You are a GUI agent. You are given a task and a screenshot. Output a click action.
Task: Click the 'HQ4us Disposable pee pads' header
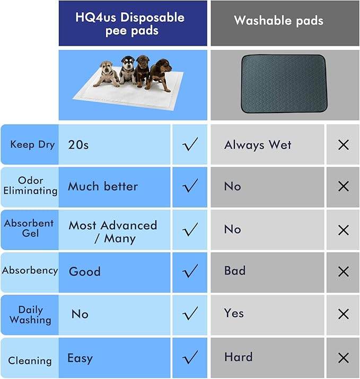coord(129,23)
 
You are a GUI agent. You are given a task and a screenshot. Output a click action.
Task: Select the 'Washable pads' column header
coord(278,21)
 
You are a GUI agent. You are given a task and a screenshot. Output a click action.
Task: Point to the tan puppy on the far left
coord(108,74)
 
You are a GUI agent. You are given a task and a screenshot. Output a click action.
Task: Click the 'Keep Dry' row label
coord(32,144)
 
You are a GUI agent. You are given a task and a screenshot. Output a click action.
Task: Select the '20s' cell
coord(78,144)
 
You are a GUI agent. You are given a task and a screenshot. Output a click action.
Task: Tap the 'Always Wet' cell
coord(258,144)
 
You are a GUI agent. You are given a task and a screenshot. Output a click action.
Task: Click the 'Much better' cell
coord(103,186)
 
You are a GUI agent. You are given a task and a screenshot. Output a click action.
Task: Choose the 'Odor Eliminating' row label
coord(30,186)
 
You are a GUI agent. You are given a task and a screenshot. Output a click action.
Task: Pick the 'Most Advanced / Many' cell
coord(113,231)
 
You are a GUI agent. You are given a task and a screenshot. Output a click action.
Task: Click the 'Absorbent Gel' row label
coord(29,228)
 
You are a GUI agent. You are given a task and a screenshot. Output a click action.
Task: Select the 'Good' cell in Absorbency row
coord(85,271)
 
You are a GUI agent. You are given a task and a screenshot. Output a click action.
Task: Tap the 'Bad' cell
coord(235,271)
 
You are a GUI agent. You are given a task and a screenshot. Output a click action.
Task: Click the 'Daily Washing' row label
coord(30,314)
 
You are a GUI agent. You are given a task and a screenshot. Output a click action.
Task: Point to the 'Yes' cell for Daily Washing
coord(234,313)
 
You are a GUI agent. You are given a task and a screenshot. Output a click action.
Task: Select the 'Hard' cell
coord(238,357)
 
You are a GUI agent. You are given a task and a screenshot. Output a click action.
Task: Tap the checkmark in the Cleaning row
coord(189,357)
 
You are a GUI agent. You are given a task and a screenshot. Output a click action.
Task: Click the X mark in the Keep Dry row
coord(343,144)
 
